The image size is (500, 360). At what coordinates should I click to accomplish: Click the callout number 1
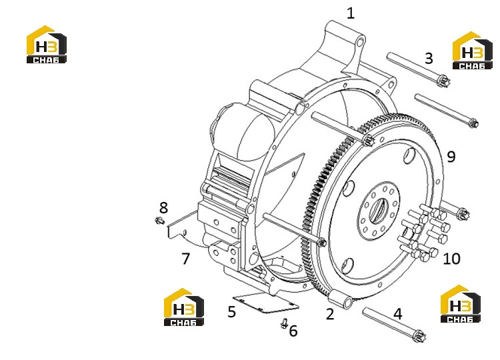tap(351, 13)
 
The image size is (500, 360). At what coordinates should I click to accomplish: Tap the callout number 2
tap(330, 314)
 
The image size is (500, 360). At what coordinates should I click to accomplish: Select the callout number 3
tap(429, 59)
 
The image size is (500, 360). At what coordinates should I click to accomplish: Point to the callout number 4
tap(397, 314)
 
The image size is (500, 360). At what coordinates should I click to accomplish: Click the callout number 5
tap(232, 312)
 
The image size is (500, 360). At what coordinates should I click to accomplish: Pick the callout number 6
tap(293, 331)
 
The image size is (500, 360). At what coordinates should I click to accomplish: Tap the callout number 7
tap(185, 259)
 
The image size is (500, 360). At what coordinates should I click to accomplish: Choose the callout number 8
tap(163, 208)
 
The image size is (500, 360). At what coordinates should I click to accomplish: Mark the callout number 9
tap(451, 157)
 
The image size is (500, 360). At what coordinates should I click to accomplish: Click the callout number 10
tap(451, 259)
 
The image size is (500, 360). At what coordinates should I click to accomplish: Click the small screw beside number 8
tap(159, 221)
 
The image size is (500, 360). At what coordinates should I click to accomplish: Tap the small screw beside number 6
tap(284, 323)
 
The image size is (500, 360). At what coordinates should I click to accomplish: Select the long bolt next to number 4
tap(395, 325)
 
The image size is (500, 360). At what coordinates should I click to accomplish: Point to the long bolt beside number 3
tap(418, 70)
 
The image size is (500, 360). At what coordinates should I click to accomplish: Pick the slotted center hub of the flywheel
tap(379, 211)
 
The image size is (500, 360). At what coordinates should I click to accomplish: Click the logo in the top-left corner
tap(47, 44)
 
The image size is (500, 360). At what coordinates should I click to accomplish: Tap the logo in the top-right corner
tap(473, 51)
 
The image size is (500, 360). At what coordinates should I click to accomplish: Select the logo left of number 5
tap(184, 307)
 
